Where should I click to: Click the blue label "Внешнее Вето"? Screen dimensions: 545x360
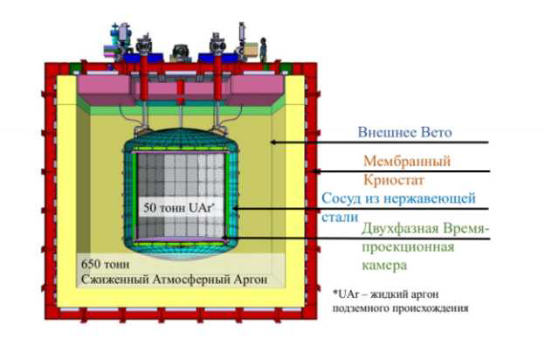point(404,132)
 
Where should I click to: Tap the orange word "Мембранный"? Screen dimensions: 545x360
point(407,161)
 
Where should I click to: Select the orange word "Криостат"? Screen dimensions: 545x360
point(394,180)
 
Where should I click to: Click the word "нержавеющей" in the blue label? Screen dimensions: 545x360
point(430,198)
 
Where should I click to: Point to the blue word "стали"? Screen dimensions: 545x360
point(340,218)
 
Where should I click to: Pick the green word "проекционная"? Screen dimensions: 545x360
point(408,247)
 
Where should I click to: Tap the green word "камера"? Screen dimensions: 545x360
point(384,266)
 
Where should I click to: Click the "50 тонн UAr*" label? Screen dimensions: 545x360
point(179,208)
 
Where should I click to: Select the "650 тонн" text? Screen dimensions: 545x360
point(105,265)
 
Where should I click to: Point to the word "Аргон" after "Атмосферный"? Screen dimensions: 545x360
point(251,280)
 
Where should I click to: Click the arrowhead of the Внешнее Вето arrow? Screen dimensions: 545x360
point(273,142)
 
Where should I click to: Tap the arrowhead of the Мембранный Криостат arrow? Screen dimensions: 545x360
point(314,170)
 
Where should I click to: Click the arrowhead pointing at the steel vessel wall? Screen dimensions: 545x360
point(235,209)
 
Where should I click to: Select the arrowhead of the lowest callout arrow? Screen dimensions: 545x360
point(224,239)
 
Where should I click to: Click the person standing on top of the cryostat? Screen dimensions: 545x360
point(263,50)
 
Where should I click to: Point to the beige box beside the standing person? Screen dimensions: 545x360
point(251,50)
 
